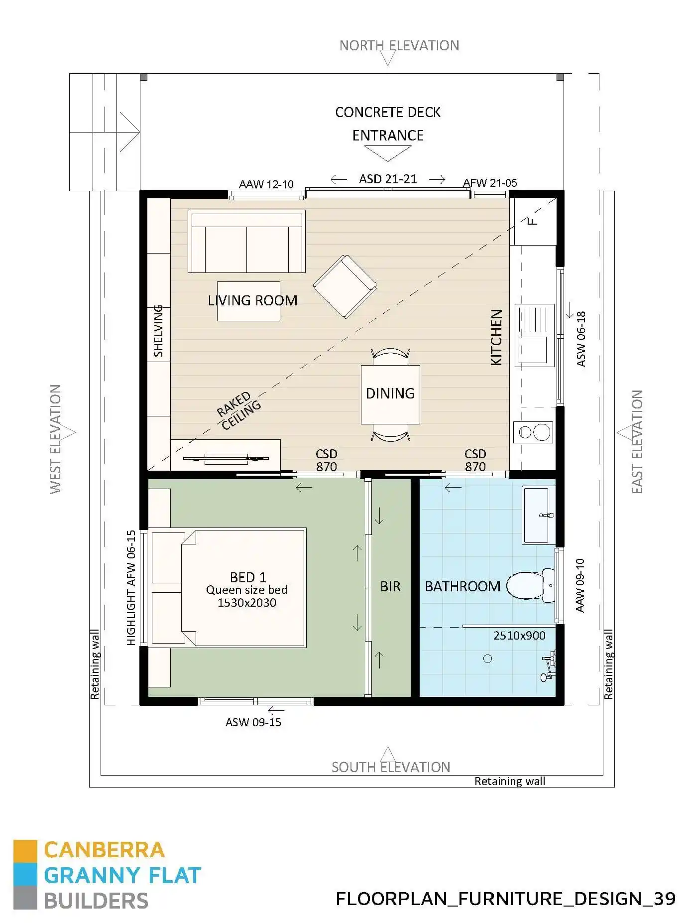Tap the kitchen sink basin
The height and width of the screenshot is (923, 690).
click(532, 349)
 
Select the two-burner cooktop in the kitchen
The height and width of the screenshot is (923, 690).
click(533, 432)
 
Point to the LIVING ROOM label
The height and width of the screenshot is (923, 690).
click(252, 300)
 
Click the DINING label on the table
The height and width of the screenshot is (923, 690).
click(390, 394)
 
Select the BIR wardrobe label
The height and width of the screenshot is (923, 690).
click(390, 586)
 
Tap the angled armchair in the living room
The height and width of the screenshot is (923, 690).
click(345, 286)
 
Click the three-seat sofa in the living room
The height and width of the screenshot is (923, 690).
click(246, 242)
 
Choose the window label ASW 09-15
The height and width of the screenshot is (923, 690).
click(253, 722)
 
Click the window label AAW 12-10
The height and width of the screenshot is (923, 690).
click(266, 184)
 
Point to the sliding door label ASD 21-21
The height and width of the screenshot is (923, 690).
click(388, 179)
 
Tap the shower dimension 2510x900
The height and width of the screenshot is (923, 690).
click(519, 636)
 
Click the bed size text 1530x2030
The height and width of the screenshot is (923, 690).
click(246, 603)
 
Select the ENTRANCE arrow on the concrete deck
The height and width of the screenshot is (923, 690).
click(387, 153)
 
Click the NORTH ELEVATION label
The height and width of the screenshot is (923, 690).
click(399, 46)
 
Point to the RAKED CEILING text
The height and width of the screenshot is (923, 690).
click(238, 411)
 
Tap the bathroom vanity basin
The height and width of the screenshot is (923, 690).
click(536, 516)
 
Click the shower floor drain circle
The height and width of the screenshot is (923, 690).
click(487, 659)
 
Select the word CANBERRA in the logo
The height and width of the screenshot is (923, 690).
click(104, 850)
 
